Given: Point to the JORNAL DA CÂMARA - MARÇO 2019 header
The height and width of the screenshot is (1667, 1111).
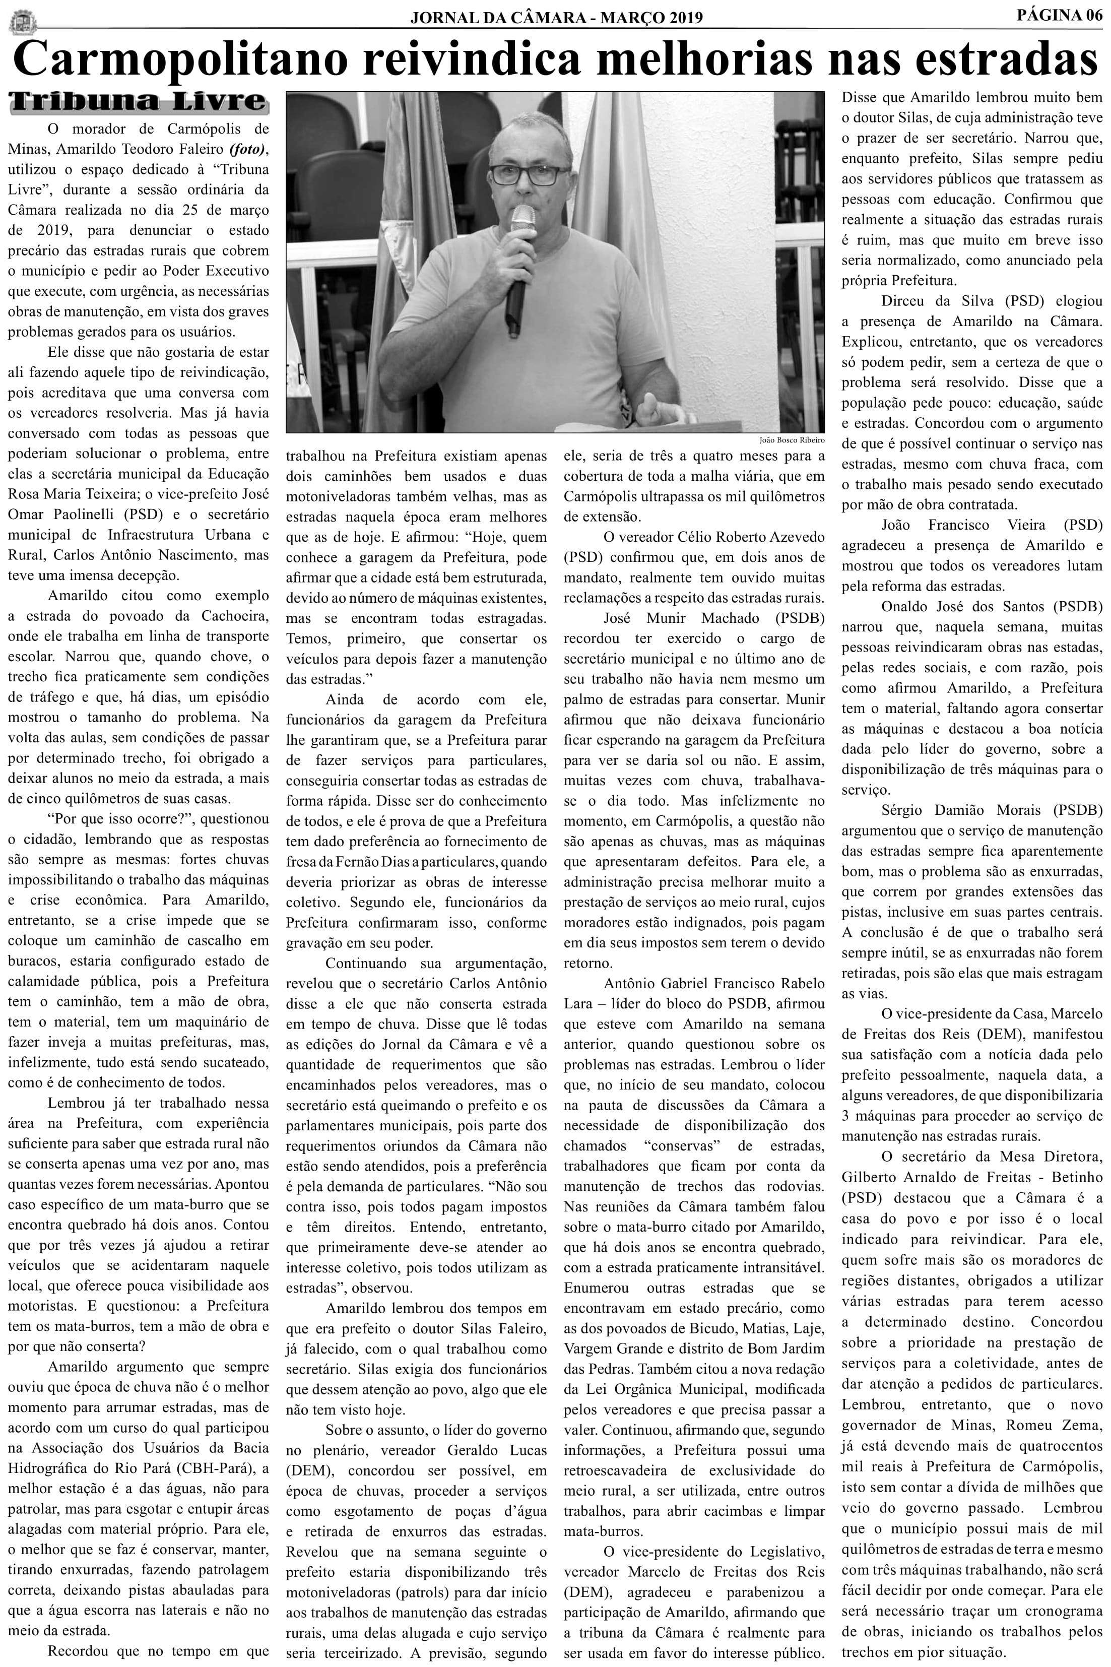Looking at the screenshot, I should [556, 17].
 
